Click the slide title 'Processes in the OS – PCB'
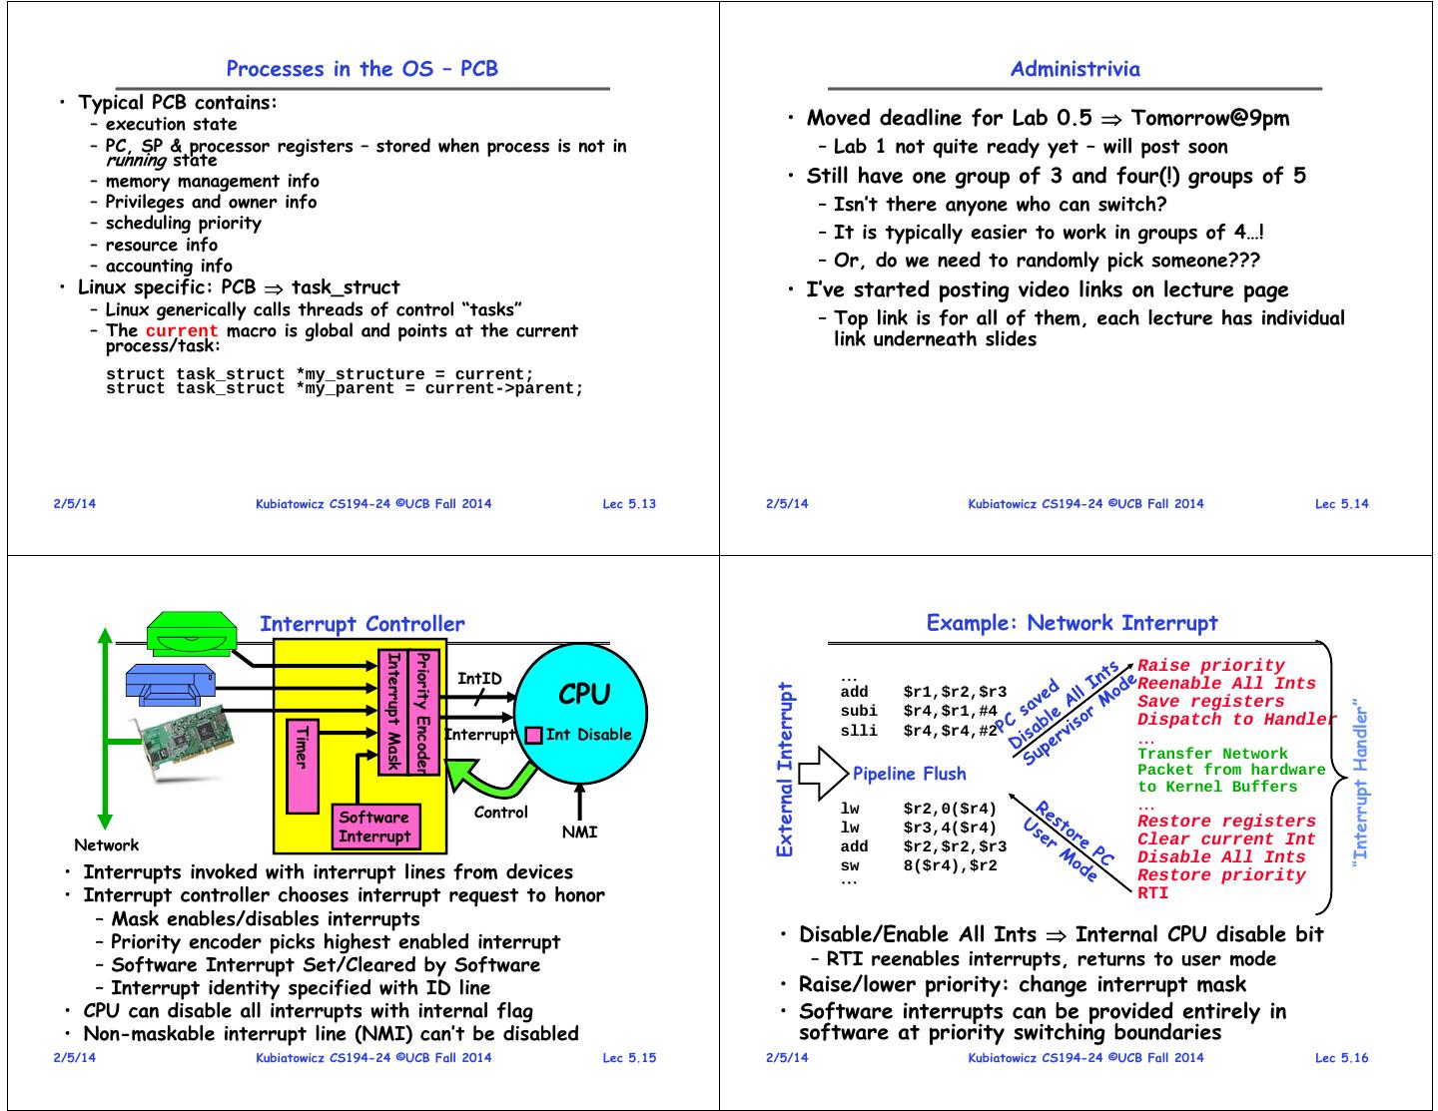(x=361, y=69)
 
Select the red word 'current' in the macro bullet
(x=181, y=330)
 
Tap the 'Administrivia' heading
(x=1075, y=69)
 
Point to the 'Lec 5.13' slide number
(x=629, y=504)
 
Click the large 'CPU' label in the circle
(x=583, y=694)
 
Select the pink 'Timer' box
(x=302, y=765)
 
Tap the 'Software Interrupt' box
(x=374, y=827)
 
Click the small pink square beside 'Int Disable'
(x=534, y=736)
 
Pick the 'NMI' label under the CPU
(x=579, y=832)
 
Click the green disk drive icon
(x=192, y=635)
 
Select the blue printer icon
(x=171, y=686)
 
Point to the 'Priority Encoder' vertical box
(x=423, y=711)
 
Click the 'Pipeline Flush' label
(x=909, y=774)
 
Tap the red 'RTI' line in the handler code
(x=1152, y=893)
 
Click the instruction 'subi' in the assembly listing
(x=859, y=711)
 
